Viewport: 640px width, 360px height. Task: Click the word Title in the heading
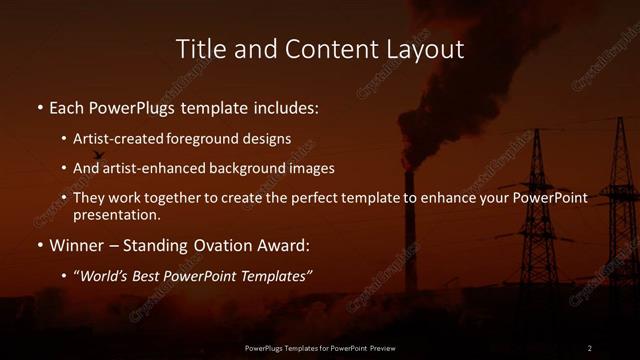(x=200, y=48)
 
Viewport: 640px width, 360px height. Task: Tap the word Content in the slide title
(x=318, y=48)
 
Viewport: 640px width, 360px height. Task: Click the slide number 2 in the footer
(x=589, y=347)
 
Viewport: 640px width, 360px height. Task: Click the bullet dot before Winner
(x=39, y=245)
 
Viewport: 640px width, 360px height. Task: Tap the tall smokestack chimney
(x=410, y=230)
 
